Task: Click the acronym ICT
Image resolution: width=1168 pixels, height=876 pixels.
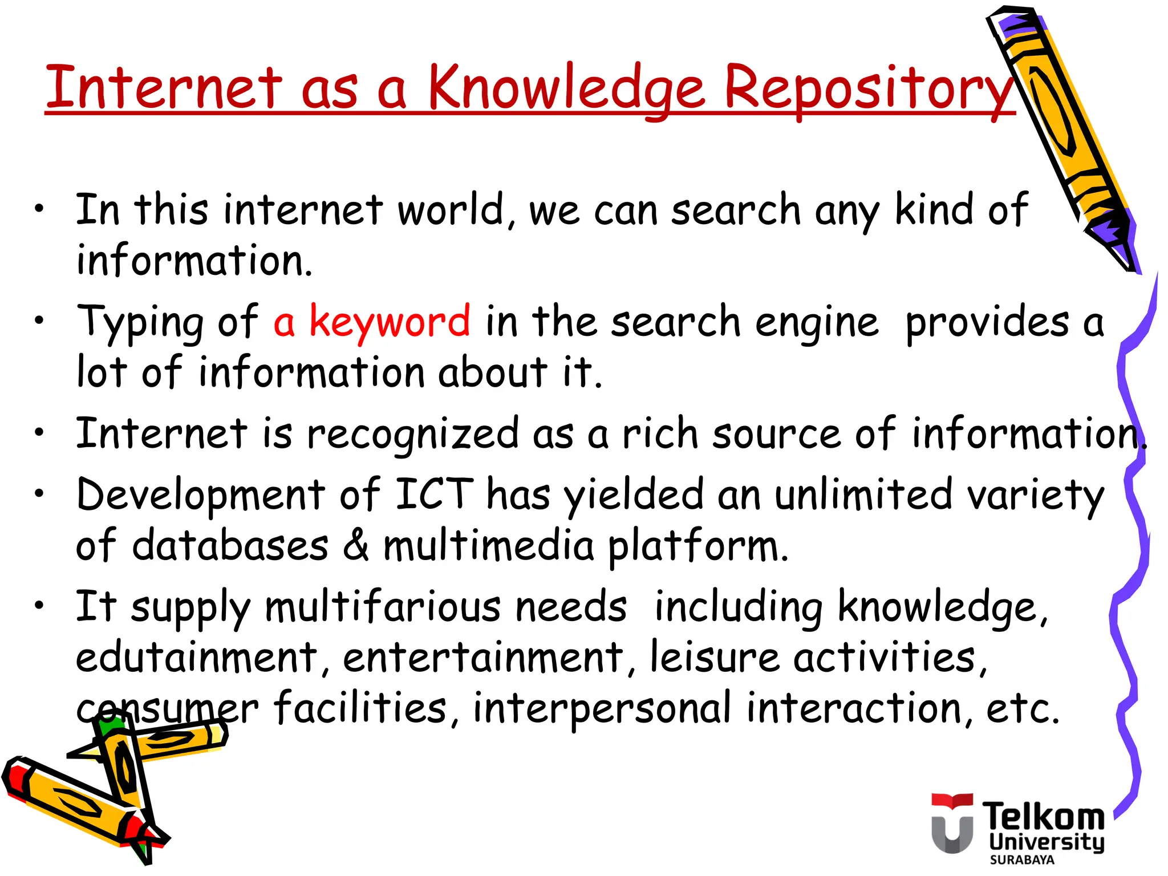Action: pos(434,494)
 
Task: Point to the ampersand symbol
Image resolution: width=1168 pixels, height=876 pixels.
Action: pos(356,545)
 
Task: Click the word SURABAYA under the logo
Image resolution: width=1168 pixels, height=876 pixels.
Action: pos(1022,860)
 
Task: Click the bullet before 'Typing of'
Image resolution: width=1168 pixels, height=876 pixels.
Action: pos(39,321)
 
